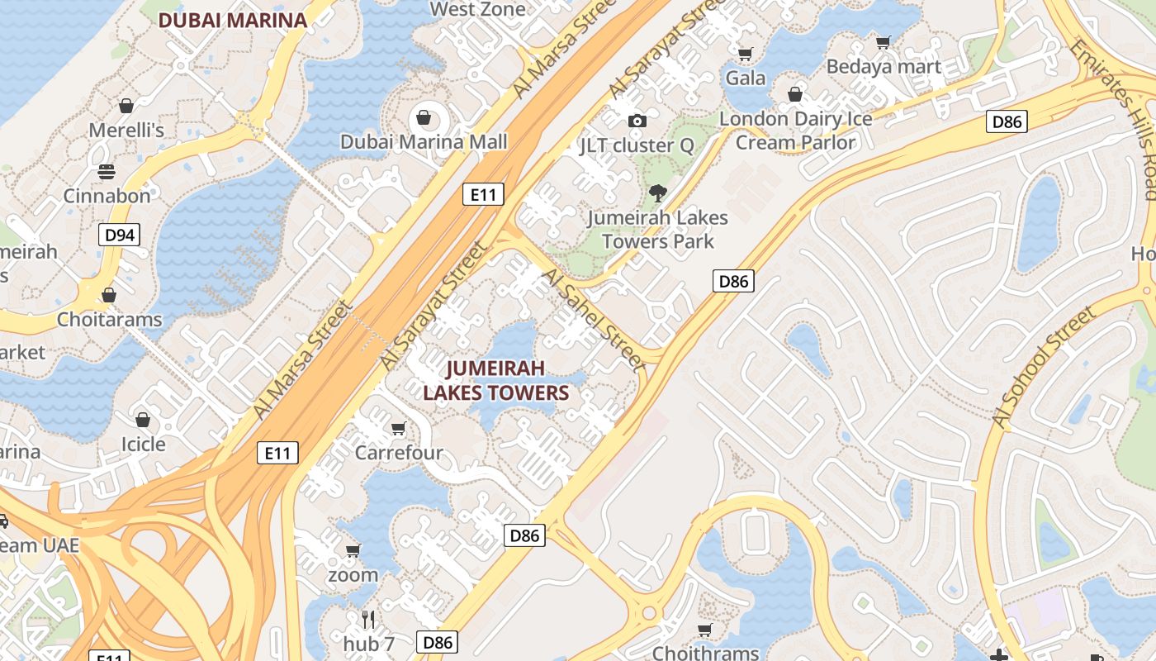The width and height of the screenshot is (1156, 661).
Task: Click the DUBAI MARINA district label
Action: [x=232, y=21]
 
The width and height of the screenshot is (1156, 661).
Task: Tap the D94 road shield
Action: [x=120, y=235]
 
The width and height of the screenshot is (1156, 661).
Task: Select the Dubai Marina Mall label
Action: [x=424, y=141]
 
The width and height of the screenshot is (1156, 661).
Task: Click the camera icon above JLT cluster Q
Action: [x=637, y=121]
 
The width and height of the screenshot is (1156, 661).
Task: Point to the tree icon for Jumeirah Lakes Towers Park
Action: [x=657, y=193]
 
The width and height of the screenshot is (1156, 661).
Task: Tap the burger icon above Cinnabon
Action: [x=107, y=172]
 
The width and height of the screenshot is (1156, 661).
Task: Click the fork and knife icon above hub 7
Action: [x=368, y=619]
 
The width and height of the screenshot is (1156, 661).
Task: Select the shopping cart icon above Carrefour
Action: [x=399, y=428]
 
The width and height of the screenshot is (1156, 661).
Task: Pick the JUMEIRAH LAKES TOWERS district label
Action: [x=496, y=380]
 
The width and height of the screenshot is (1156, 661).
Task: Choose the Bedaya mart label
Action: [x=884, y=67]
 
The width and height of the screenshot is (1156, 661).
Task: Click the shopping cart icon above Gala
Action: [x=746, y=55]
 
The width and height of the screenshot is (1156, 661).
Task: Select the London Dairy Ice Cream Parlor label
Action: [x=795, y=131]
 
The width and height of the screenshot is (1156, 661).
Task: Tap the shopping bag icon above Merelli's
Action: [x=126, y=106]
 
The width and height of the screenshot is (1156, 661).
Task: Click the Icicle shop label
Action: [x=144, y=444]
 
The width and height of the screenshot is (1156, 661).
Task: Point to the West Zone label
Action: [x=478, y=10]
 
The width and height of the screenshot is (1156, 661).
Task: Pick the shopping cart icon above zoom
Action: [x=353, y=550]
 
